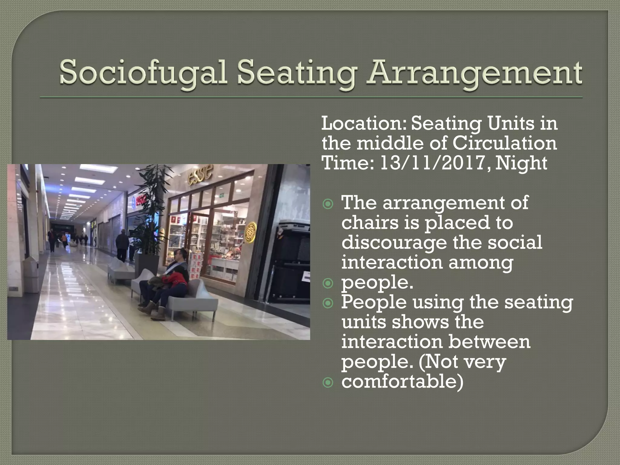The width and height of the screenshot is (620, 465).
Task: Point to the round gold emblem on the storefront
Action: [x=250, y=232]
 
